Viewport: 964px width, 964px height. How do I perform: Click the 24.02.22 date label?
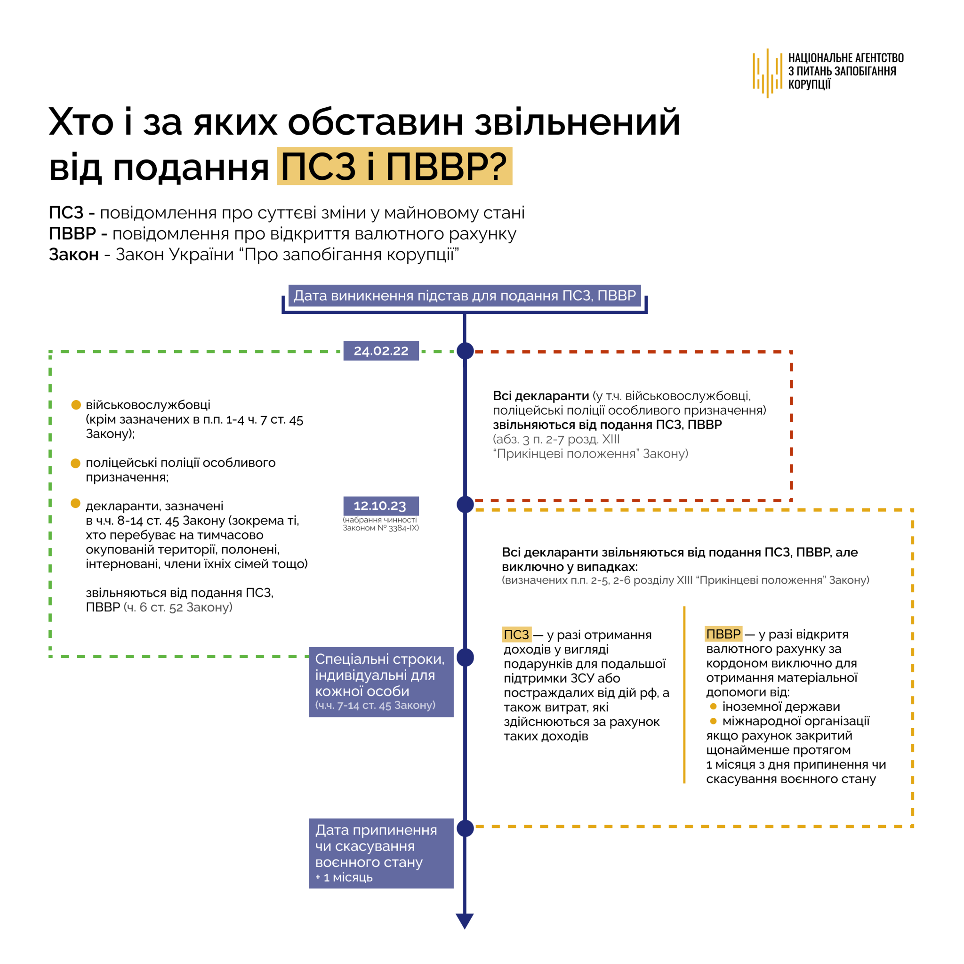point(381,351)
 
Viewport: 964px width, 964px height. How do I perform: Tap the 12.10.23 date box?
point(381,506)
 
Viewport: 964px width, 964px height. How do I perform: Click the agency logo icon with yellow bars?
point(767,73)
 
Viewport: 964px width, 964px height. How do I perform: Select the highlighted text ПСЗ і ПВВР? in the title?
point(394,166)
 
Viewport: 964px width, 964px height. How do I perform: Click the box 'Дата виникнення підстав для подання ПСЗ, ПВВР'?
point(464,296)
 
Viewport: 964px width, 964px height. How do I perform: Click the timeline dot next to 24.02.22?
point(465,351)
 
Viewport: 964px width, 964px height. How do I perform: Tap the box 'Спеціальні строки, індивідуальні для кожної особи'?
point(381,682)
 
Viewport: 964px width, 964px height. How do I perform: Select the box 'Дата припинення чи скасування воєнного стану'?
point(381,853)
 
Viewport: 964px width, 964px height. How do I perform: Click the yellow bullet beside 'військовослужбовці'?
point(76,405)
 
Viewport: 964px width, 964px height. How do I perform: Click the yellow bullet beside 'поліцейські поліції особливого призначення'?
point(76,463)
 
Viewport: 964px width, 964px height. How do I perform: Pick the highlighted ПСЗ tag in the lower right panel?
point(516,635)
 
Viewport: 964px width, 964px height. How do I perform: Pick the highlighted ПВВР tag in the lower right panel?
point(723,634)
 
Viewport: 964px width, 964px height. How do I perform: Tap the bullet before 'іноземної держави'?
point(713,706)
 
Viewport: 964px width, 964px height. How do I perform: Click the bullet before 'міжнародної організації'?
point(713,721)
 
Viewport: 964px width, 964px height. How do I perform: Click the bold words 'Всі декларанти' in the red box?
point(540,396)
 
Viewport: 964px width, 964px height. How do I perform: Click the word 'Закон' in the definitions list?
point(74,255)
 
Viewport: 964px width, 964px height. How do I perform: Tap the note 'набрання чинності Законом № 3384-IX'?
point(380,524)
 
